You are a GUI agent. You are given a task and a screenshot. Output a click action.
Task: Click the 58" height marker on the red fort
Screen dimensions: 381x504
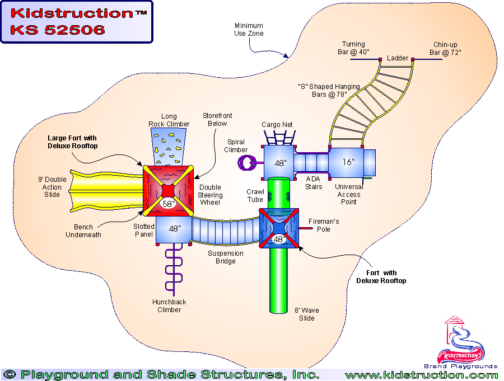(168, 204)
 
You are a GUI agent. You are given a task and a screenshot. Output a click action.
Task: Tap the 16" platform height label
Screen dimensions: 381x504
(348, 162)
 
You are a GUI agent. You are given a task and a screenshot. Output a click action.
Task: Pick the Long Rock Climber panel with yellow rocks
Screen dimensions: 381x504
(168, 146)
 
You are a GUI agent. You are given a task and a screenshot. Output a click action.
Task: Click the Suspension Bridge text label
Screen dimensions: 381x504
(226, 257)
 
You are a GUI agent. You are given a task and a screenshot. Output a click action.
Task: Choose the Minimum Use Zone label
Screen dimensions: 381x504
(249, 30)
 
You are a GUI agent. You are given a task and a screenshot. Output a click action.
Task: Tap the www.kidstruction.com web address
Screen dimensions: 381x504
(421, 375)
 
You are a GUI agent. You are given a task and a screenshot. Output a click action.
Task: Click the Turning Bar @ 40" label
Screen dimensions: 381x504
(353, 48)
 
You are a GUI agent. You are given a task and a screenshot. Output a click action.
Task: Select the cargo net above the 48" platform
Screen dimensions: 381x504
(280, 137)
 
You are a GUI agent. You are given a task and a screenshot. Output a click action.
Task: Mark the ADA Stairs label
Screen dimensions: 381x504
(314, 183)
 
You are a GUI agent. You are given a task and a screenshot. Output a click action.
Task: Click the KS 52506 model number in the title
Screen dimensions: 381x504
(57, 30)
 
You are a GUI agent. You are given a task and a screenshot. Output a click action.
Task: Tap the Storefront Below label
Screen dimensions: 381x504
(217, 120)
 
